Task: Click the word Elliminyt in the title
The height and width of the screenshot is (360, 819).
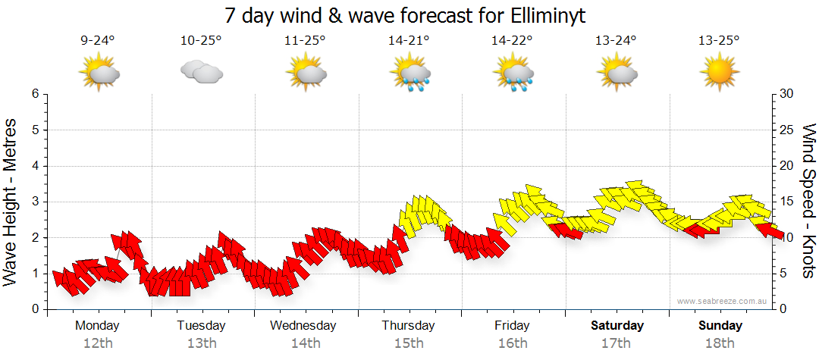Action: [x=542, y=15]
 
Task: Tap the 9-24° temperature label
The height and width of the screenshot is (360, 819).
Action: [x=98, y=40]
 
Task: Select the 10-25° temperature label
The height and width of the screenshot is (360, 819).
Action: [x=201, y=40]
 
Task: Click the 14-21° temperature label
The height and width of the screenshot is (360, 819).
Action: [x=409, y=40]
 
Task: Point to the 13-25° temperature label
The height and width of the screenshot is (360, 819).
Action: [x=719, y=40]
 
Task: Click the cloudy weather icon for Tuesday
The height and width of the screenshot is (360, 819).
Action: [x=201, y=72]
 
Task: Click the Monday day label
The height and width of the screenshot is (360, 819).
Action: [x=97, y=326]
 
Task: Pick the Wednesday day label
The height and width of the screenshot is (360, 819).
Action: [x=304, y=326]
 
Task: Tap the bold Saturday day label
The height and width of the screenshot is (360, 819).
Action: [x=617, y=326]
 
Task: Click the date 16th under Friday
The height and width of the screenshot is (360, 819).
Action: [x=513, y=343]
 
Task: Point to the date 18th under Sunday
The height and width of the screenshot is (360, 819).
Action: [x=720, y=343]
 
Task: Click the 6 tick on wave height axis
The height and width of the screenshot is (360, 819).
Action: [x=35, y=94]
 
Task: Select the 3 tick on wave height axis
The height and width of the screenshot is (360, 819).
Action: [x=35, y=202]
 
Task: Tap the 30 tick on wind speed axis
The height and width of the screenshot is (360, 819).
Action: [x=787, y=94]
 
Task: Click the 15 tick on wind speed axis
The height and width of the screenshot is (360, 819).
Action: [x=787, y=202]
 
